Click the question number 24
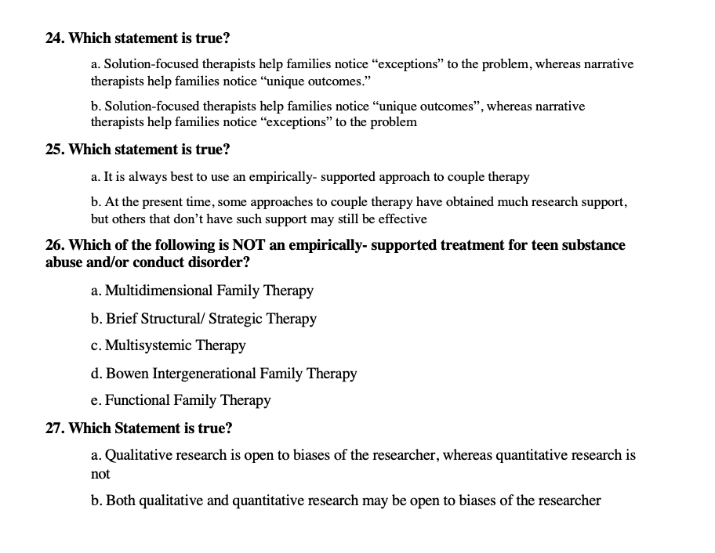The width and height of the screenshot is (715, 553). (56, 38)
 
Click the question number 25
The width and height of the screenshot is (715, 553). (56, 150)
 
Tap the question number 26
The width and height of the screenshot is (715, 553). (56, 245)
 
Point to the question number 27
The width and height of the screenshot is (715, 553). (56, 428)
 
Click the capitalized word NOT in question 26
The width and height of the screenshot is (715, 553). (249, 245)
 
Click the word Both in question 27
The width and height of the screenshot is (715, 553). (121, 501)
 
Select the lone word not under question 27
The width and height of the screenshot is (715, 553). (100, 474)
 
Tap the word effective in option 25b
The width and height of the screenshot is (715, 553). (404, 219)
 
